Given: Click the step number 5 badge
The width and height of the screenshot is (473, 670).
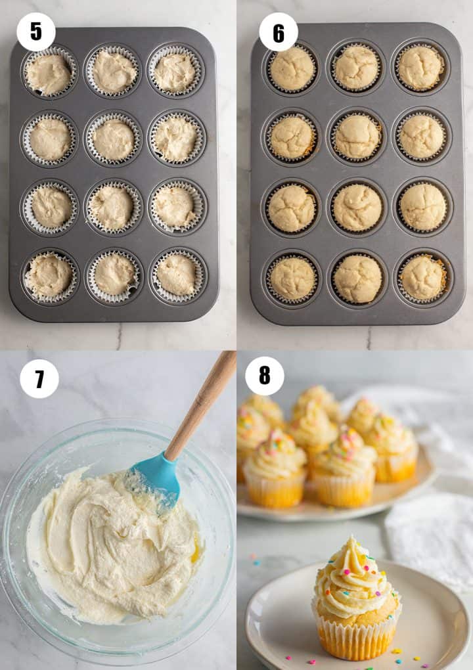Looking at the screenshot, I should click(36, 32).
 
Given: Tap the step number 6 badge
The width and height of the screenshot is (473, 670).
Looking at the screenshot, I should click(279, 32).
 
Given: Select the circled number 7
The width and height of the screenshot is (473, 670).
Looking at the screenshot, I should click(39, 379).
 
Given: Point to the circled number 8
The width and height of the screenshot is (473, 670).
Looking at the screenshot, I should click(265, 376).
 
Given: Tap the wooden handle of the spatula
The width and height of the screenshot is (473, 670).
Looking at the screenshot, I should click(204, 401).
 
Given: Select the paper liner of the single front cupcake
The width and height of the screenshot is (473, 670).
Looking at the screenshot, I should click(355, 637).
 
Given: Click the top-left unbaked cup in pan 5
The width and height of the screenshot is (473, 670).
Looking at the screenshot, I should click(49, 74).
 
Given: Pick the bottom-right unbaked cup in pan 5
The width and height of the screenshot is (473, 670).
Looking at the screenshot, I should click(176, 275).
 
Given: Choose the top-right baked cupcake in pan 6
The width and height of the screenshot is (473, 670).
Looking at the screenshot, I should click(421, 67).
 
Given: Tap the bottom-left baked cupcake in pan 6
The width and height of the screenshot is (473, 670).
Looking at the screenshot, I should click(292, 278).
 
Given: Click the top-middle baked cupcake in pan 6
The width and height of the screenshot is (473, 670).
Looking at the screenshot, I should click(357, 67).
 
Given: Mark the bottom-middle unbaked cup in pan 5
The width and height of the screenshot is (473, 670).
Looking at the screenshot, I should click(114, 275).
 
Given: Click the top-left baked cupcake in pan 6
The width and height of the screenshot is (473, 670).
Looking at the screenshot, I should click(292, 68).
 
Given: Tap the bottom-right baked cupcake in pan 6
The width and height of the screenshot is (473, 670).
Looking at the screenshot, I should click(422, 277).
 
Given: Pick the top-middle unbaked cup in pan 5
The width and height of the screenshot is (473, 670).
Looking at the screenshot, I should click(114, 71).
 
